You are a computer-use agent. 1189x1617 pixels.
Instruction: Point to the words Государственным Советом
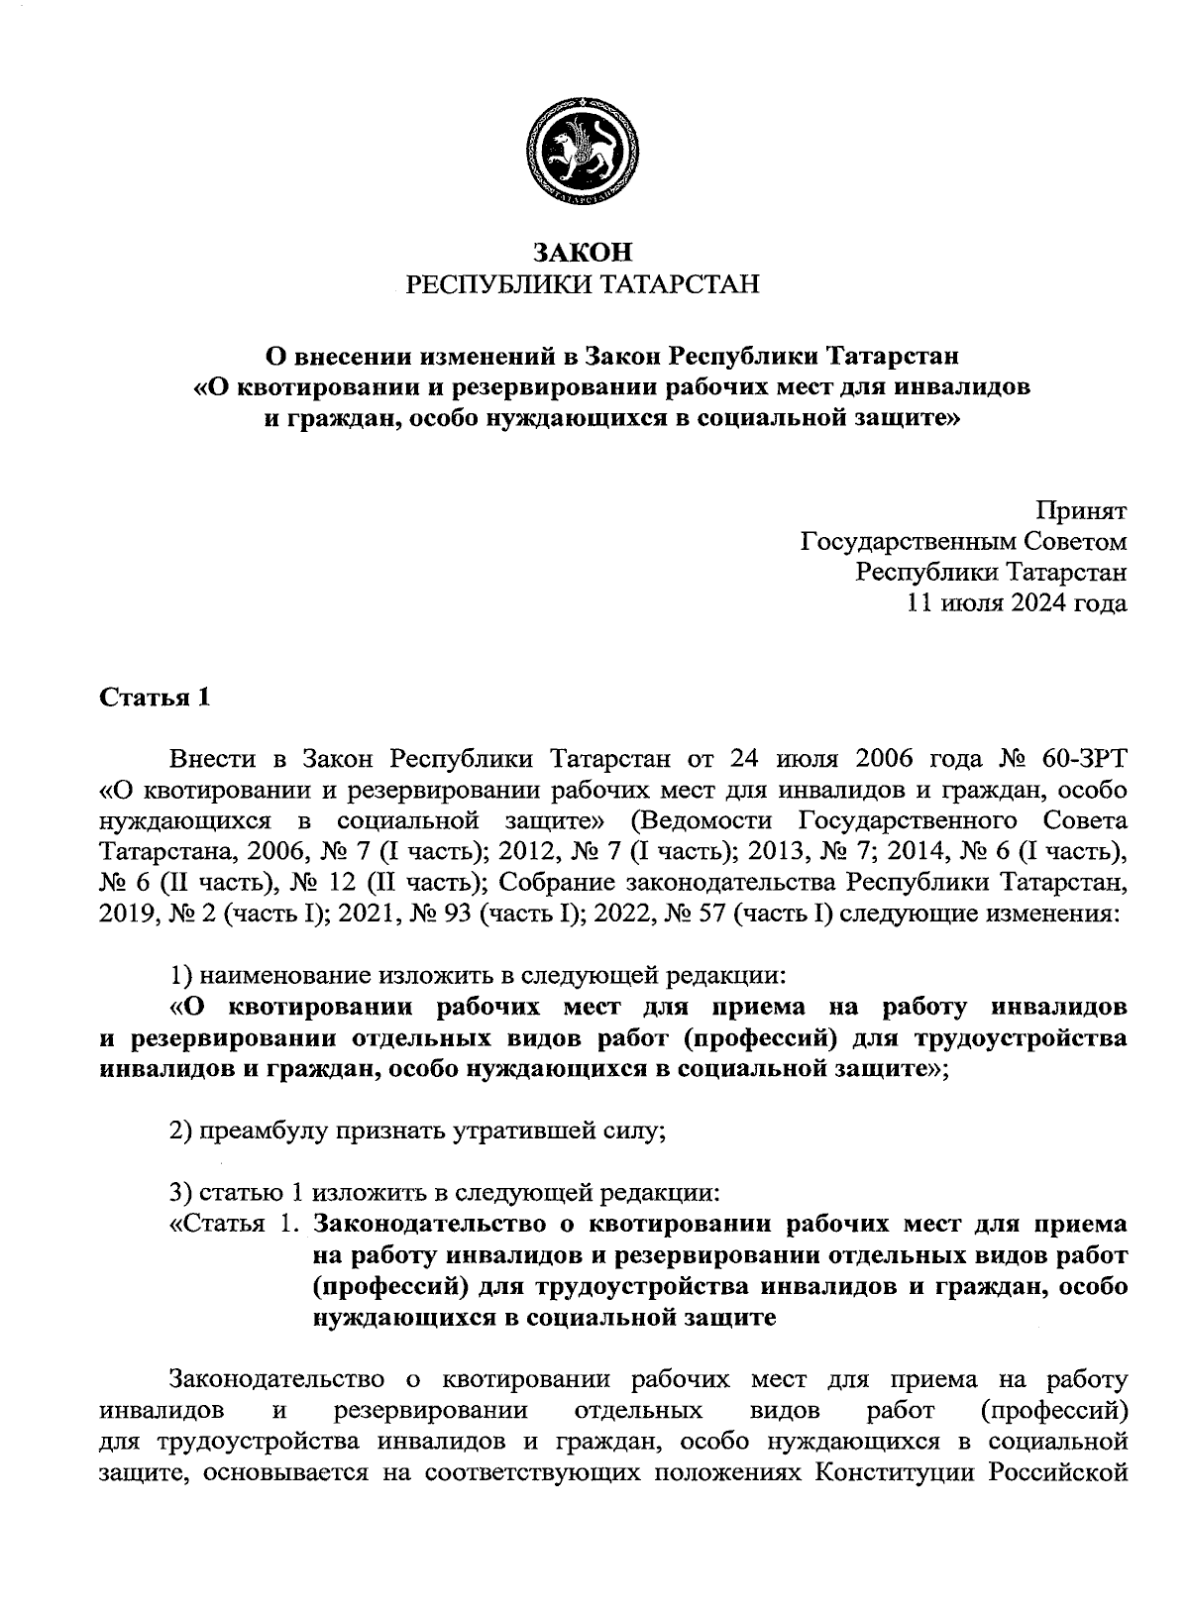tap(963, 542)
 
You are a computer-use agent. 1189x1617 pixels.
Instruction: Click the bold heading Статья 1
tap(155, 698)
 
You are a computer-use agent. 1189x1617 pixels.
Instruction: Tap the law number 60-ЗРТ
tap(1084, 760)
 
